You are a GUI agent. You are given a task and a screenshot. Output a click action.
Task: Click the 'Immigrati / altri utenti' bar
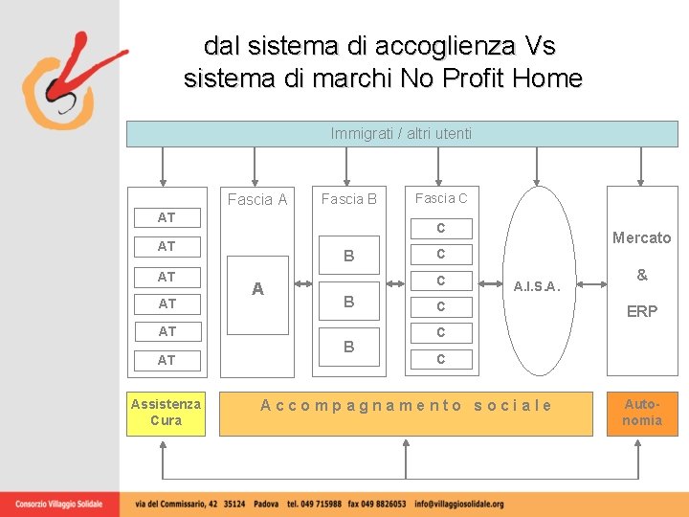pos(402,133)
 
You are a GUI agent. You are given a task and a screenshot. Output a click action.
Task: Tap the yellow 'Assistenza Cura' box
pos(167,413)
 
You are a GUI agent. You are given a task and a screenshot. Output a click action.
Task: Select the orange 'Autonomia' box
pos(642,413)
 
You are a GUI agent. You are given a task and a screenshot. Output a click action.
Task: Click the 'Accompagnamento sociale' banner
pos(406,405)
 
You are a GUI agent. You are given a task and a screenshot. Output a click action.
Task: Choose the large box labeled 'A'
pos(257,289)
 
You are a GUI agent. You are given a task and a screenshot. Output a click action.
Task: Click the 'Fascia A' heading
pos(257,199)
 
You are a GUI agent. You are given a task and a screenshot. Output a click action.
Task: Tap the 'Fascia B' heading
pos(348,199)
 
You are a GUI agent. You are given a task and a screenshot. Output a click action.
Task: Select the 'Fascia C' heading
pos(441,198)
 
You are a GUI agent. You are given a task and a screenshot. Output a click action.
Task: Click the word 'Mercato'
pos(641,237)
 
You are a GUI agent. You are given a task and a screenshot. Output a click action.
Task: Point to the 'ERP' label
pos(641,311)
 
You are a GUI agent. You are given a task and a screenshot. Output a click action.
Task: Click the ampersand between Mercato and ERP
pos(642,275)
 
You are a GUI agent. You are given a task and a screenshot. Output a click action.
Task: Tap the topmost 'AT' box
pos(167,217)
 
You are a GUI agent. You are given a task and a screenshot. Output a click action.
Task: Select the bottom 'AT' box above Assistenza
pos(167,360)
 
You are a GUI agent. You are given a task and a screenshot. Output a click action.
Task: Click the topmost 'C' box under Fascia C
pos(441,228)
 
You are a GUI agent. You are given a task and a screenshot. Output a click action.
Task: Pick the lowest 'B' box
pos(348,347)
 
